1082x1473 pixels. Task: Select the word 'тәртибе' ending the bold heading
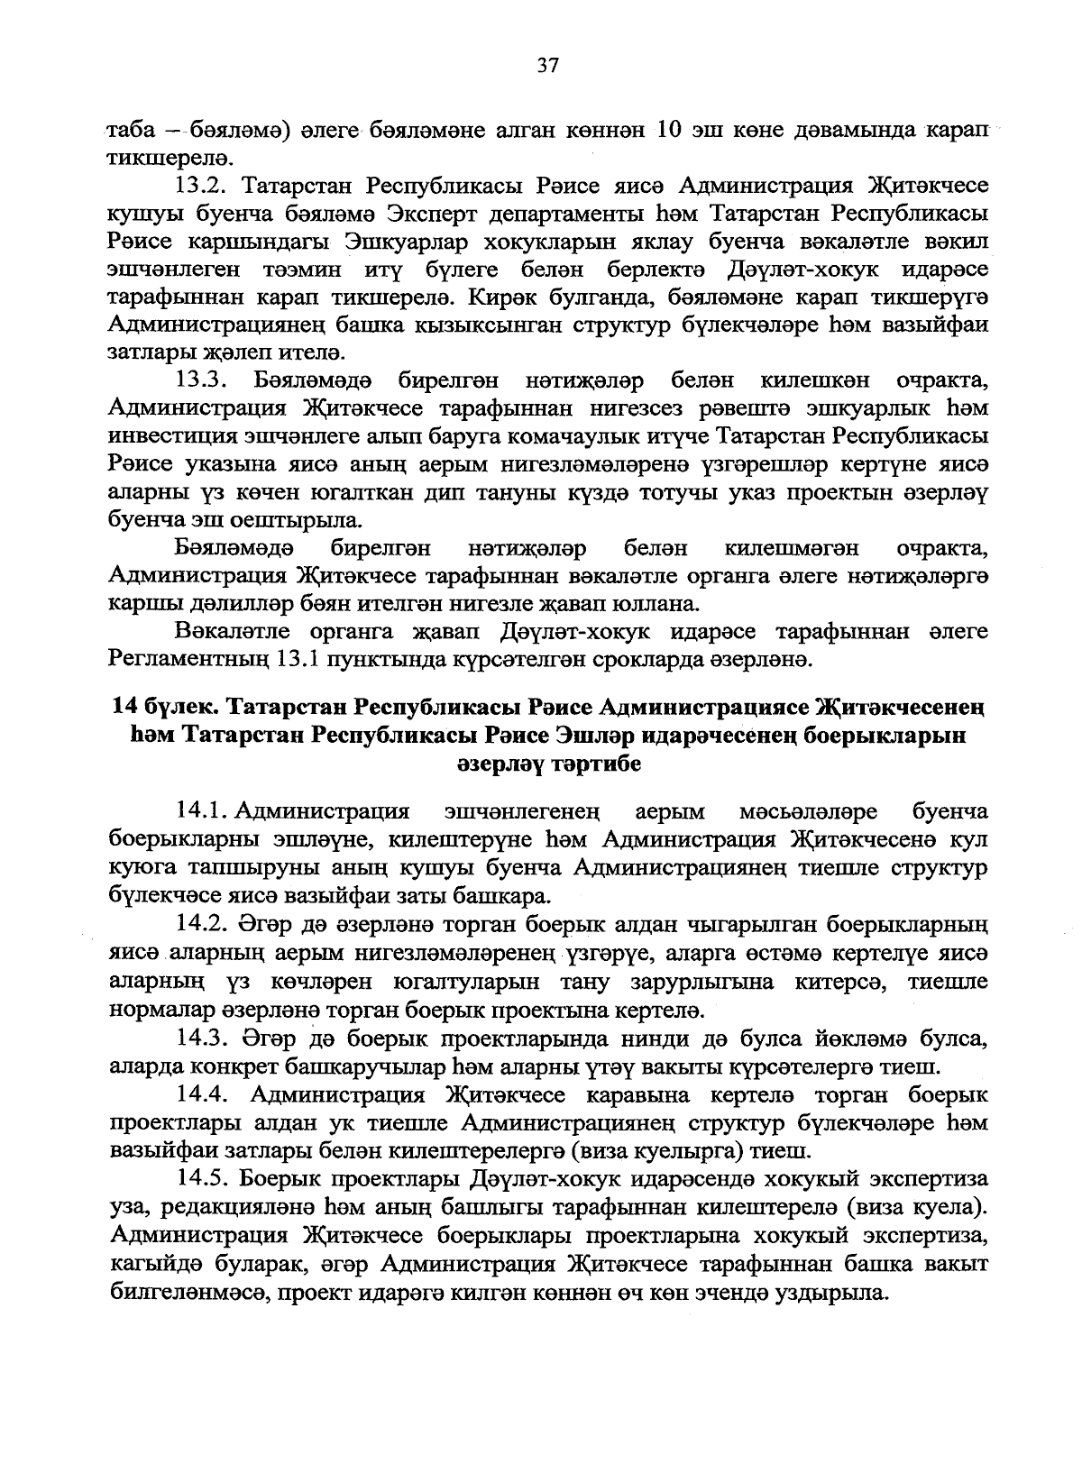pos(593,764)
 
